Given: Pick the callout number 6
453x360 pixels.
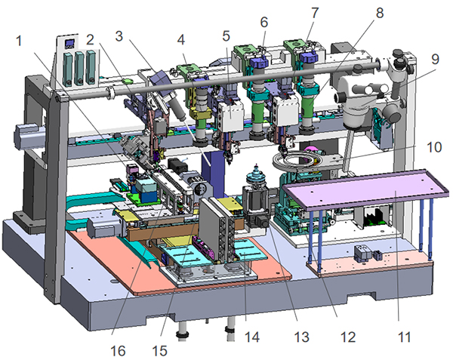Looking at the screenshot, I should coord(263,22).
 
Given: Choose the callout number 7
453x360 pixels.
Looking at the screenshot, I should coord(314,13).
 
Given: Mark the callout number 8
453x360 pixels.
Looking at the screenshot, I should coord(378,13).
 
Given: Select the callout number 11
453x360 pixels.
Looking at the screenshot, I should coord(405,336).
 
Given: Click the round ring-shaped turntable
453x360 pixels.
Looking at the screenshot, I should coord(297,161).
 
